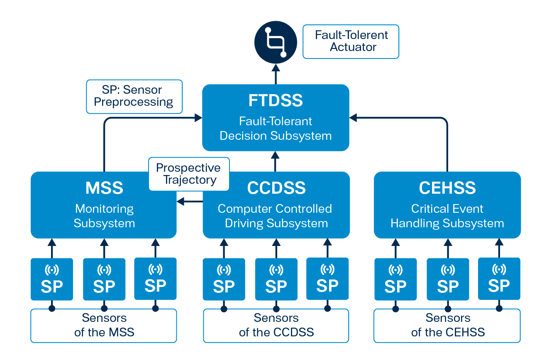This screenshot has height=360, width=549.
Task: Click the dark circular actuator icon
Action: coord(276,42)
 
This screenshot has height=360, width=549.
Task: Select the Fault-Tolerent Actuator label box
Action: coord(351,41)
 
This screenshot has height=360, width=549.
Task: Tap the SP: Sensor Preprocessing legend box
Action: coord(134,97)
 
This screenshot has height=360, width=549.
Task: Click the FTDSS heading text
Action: coord(276,100)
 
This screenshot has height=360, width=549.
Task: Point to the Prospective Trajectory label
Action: coord(189,174)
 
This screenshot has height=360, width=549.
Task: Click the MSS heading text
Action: coord(104,188)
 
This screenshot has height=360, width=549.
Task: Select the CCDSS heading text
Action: coord(276,188)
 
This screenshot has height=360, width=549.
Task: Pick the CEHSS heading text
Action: coord(447,188)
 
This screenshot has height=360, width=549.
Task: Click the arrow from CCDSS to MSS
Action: coord(190,202)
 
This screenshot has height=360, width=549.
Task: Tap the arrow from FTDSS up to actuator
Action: coord(276,74)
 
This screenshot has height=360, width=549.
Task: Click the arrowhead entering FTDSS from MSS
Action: coord(198,117)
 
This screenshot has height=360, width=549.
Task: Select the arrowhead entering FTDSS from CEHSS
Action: coord(353,117)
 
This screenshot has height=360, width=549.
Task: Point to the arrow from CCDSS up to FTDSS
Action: coord(275,161)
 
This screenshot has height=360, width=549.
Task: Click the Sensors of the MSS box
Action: coord(104,326)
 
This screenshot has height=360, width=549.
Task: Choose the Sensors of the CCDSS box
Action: coord(276,326)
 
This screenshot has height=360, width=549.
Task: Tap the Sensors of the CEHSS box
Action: coord(447,326)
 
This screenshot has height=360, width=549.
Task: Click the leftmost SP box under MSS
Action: coord(52,279)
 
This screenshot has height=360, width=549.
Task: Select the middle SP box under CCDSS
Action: coord(276,279)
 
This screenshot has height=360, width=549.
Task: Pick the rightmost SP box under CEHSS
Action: coord(499,279)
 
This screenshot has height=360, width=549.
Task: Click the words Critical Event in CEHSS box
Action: coord(447,209)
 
